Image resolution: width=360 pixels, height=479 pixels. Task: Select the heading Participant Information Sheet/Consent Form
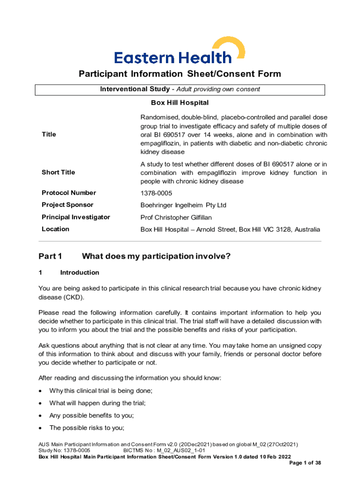pos(180,74)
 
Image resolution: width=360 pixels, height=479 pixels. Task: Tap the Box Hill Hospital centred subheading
pos(180,102)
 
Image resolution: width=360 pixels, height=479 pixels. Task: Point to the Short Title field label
pos(58,173)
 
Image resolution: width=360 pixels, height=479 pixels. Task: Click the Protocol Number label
pos(69,193)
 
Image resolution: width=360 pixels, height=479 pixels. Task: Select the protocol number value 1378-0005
pos(156,193)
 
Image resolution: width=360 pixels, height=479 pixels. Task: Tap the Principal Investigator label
pos(76,217)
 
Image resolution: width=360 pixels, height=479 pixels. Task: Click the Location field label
pos(55,229)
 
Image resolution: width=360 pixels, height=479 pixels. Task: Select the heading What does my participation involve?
pos(156,256)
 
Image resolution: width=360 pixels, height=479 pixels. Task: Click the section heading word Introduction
pos(79,273)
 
